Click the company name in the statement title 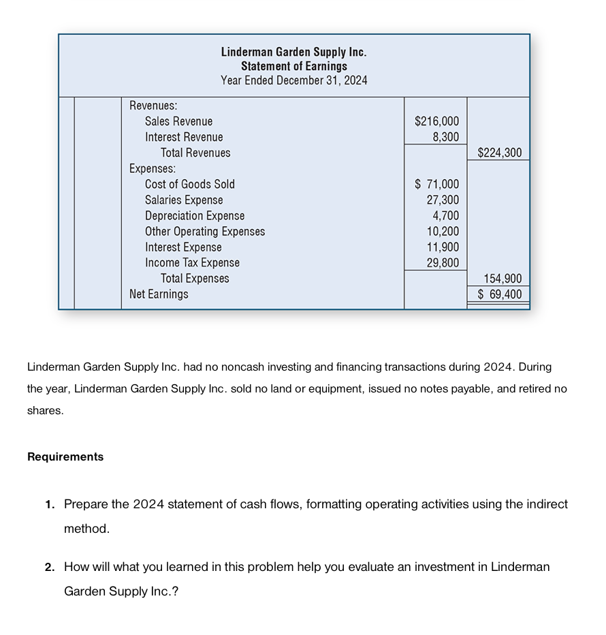(293, 52)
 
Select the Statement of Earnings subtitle (293, 66)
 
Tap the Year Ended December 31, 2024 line (293, 80)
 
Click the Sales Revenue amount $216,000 (436, 121)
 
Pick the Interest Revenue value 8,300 (445, 137)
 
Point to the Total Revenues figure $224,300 (500, 153)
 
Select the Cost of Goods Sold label (189, 184)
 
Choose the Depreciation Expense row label (194, 216)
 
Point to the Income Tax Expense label (192, 263)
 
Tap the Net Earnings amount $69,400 (500, 294)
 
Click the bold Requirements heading (65, 457)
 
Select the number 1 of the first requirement (49, 505)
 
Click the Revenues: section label (153, 106)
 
